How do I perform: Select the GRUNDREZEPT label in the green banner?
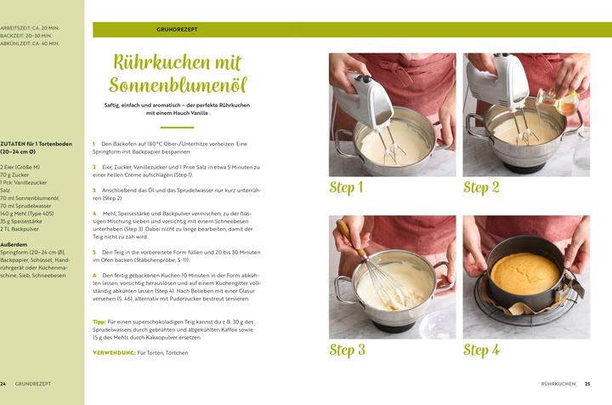(178, 30)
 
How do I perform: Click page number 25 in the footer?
(587, 384)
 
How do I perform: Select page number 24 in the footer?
(3, 384)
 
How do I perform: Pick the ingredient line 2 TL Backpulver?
(20, 229)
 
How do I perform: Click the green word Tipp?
(99, 322)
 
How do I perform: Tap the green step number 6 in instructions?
(94, 276)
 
